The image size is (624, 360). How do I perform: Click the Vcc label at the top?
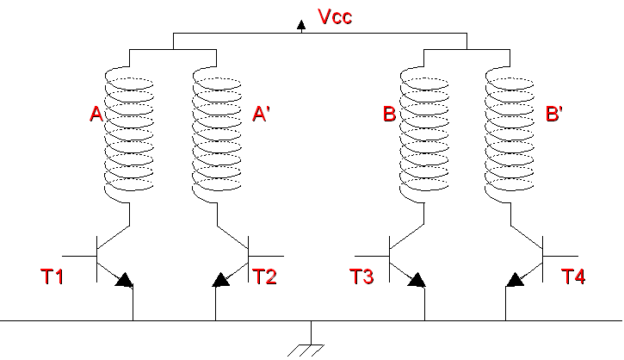pos(335,16)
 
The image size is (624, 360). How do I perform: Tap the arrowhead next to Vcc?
pos(301,25)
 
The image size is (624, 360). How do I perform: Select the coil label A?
pos(96,114)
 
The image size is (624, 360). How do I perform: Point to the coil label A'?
pos(261,114)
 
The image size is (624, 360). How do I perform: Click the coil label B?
pos(389,114)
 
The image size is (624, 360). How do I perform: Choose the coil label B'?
pos(554,114)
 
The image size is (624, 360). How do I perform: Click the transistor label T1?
pos(53,276)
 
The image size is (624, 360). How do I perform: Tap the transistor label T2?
pos(264,276)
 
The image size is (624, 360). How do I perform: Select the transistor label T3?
pos(361,276)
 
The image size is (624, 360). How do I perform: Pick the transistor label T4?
pos(573,276)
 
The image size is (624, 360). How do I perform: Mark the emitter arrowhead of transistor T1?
pos(124,280)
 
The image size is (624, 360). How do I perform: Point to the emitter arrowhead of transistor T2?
pos(221,280)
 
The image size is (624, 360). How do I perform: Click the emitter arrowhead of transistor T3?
pos(417,280)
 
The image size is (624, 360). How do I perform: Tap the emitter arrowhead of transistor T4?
pos(515,280)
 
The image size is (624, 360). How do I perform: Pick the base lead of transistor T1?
pos(79,256)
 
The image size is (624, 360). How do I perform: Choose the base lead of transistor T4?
pos(560,256)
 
